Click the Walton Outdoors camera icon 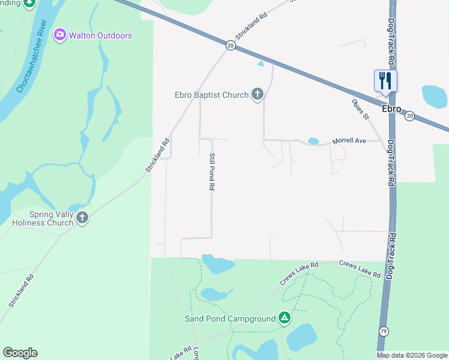(59, 35)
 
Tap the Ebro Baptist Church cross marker (258, 94)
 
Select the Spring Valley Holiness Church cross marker (82, 218)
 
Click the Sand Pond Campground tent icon (285, 317)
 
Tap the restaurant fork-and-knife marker (385, 80)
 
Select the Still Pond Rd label (211, 172)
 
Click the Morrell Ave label (349, 141)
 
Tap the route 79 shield (384, 331)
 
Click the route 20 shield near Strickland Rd (231, 45)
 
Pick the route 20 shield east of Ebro (409, 116)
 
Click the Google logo (20, 353)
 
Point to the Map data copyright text (411, 355)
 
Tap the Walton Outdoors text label (100, 35)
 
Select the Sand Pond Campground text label (230, 318)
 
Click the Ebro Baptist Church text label (211, 95)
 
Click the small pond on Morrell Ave (313, 141)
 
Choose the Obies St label (361, 109)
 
